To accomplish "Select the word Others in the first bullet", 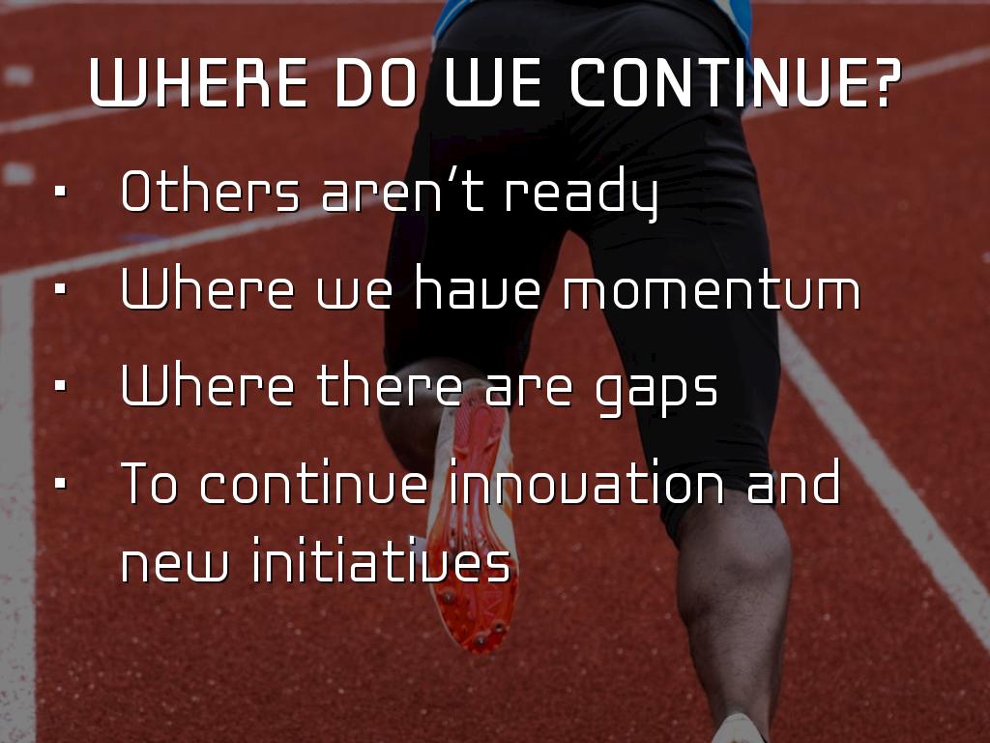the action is point(210,191).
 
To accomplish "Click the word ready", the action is point(581,193).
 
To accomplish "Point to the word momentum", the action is point(712,291).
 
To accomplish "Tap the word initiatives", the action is point(381,559).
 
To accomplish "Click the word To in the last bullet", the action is point(149,483).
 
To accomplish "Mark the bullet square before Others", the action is point(61,191).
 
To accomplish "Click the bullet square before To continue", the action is point(61,483).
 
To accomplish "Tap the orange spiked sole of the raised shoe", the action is point(475,524).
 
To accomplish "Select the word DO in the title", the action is point(375,83).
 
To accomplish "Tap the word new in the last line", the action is point(174,564).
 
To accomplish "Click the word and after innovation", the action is point(794,482).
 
